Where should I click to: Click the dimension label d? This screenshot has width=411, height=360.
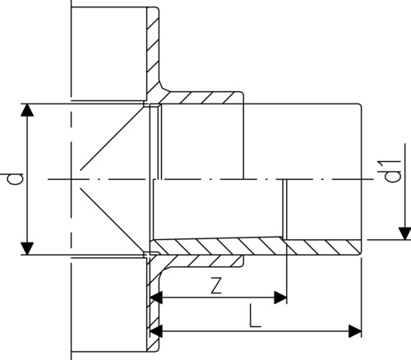pyautogui.click(x=16, y=179)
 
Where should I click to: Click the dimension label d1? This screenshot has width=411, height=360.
pyautogui.click(x=393, y=171)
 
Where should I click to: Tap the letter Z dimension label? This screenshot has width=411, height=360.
pyautogui.click(x=216, y=285)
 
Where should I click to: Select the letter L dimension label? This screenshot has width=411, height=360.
pyautogui.click(x=255, y=317)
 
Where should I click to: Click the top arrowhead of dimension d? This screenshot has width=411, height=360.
pyautogui.click(x=27, y=110)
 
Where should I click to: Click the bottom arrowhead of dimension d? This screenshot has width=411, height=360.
pyautogui.click(x=27, y=248)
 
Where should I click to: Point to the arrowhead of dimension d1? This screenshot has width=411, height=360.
pyautogui.click(x=404, y=233)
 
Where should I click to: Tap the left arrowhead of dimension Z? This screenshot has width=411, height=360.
pyautogui.click(x=156, y=298)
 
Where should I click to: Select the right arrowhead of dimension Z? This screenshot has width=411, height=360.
pyautogui.click(x=280, y=298)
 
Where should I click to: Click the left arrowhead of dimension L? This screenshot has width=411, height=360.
pyautogui.click(x=156, y=331)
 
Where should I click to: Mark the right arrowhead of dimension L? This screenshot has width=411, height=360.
pyautogui.click(x=355, y=331)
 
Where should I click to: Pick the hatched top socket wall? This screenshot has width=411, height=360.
pyautogui.click(x=203, y=98)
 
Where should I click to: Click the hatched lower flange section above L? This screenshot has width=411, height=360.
pyautogui.click(x=153, y=304)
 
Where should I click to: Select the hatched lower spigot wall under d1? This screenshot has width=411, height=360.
pyautogui.click(x=323, y=246)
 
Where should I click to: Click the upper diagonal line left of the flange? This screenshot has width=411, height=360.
pyautogui.click(x=113, y=138)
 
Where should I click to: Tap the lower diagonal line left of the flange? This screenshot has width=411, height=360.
pyautogui.click(x=113, y=220)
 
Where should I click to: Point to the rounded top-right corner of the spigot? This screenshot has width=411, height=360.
pyautogui.click(x=359, y=106)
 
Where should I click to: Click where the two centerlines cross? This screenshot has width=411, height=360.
pyautogui.click(x=71, y=179)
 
